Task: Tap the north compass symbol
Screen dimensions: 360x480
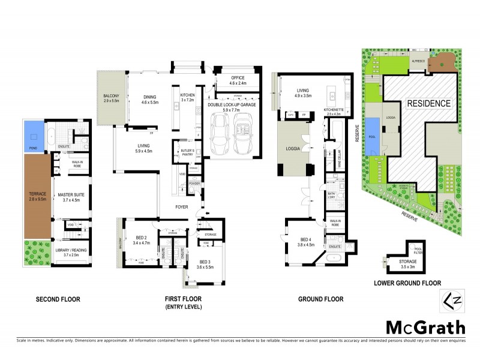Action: pos(454,299)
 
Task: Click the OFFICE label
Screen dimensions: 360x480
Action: pos(237,80)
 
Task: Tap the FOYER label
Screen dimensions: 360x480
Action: pos(182,210)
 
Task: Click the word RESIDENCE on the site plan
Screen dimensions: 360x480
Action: pos(428,103)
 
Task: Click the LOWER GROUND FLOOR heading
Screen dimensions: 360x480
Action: pos(408,283)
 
